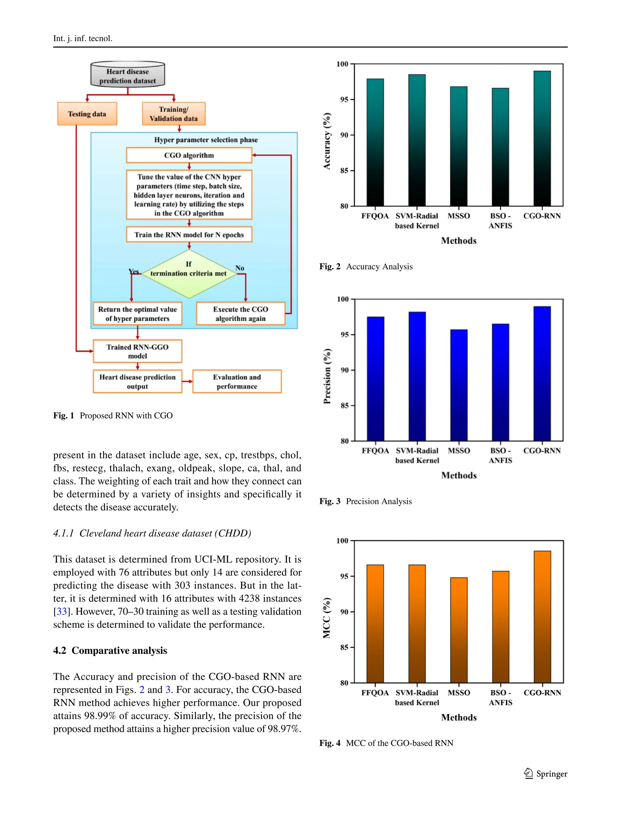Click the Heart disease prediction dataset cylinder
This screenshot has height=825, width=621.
128,75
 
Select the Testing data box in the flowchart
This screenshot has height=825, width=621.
87,114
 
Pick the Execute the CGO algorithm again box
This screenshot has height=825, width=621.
240,314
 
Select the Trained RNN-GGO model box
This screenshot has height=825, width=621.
137,351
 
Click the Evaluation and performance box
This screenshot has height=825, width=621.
237,381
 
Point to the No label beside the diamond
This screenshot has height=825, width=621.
240,268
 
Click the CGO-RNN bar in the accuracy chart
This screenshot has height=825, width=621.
542,138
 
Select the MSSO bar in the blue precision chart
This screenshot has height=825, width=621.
458,384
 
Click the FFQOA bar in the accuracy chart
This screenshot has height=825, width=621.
375,142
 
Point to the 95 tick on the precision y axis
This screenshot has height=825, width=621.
344,334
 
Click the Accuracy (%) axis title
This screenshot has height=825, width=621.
327,141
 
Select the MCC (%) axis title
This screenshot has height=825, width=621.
327,618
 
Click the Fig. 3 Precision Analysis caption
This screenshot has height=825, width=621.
365,501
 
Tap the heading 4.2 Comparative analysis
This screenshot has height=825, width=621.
110,650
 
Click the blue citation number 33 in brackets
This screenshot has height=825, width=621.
62,611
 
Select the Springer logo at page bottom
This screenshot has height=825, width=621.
545,773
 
